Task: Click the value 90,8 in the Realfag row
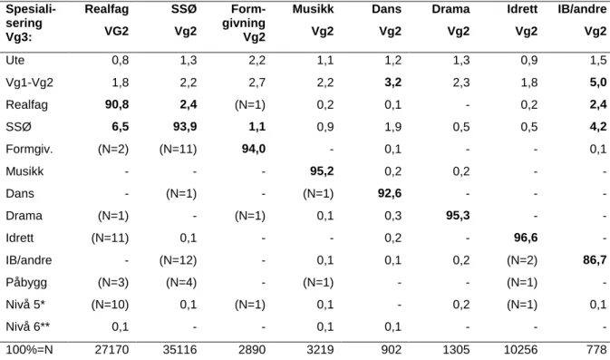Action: tap(117, 104)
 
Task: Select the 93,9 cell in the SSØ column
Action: tap(185, 127)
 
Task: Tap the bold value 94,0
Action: tap(254, 149)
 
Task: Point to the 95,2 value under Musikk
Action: tap(322, 171)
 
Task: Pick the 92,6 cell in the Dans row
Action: tap(390, 193)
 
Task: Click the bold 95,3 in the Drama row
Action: tap(458, 216)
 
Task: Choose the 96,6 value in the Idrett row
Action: tap(526, 238)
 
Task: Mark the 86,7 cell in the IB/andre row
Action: tap(595, 260)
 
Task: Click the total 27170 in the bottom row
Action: tap(111, 350)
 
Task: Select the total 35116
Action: tap(179, 350)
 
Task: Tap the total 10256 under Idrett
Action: tap(521, 350)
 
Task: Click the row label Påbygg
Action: tap(26, 283)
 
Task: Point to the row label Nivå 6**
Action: tap(27, 327)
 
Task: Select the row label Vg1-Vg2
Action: tap(30, 83)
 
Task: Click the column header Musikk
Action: tap(314, 9)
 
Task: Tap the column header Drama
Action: tap(450, 9)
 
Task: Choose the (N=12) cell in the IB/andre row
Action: tap(179, 260)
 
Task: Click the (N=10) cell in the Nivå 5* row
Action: tap(110, 305)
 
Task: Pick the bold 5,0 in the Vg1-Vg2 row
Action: tap(598, 83)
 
